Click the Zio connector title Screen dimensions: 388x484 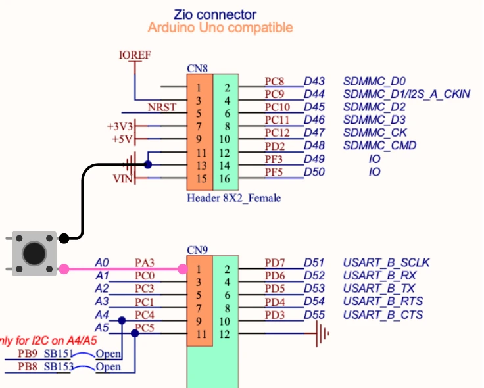[x=215, y=14]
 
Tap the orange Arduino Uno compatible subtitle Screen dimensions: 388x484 [x=220, y=28]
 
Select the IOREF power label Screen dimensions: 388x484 [x=135, y=55]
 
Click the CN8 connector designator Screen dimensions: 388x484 [x=198, y=68]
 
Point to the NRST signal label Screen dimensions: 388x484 [x=162, y=107]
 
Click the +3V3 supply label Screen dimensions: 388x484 [x=120, y=126]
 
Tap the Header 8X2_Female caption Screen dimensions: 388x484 [x=233, y=197]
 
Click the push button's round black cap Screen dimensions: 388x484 [x=34, y=253]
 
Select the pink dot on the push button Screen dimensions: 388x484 [x=64, y=268]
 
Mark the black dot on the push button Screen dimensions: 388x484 [x=64, y=238]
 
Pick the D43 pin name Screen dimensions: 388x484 [x=314, y=82]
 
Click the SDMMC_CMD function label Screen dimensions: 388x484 [x=379, y=145]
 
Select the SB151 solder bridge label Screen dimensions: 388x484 [x=57, y=354]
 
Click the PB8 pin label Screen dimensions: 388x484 [x=28, y=367]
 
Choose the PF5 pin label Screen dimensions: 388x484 [x=274, y=172]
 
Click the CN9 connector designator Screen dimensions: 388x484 [x=197, y=251]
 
